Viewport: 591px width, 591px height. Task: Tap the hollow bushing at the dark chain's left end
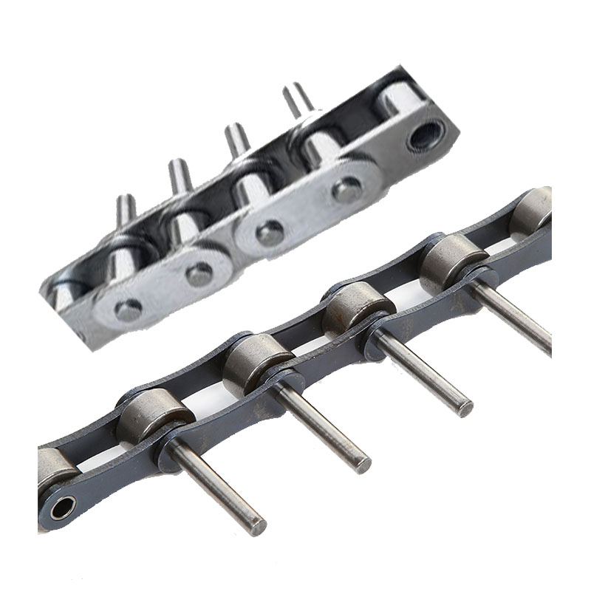tap(61, 508)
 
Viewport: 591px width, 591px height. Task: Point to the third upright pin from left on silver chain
tap(237, 140)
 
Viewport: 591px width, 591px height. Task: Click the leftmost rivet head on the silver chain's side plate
tap(128, 310)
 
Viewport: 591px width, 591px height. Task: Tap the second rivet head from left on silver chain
tap(199, 273)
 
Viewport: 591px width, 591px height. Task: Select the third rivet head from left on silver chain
tap(270, 233)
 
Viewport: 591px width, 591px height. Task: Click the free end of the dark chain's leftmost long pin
tap(256, 526)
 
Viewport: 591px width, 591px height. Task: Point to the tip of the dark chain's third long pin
tap(464, 407)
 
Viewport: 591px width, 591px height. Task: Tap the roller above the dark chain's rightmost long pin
tap(451, 259)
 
